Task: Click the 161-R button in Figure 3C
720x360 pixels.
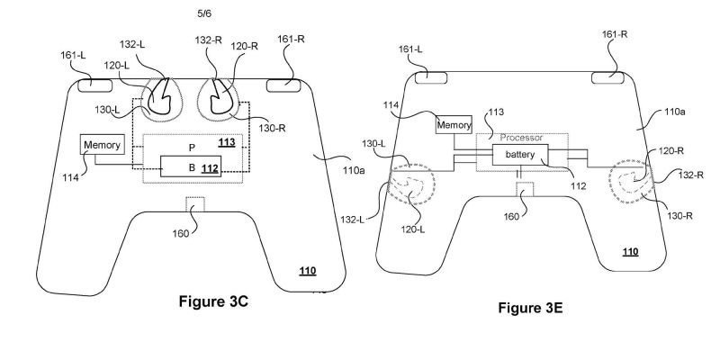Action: pyautogui.click(x=284, y=85)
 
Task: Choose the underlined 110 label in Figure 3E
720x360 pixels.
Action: pyautogui.click(x=631, y=251)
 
